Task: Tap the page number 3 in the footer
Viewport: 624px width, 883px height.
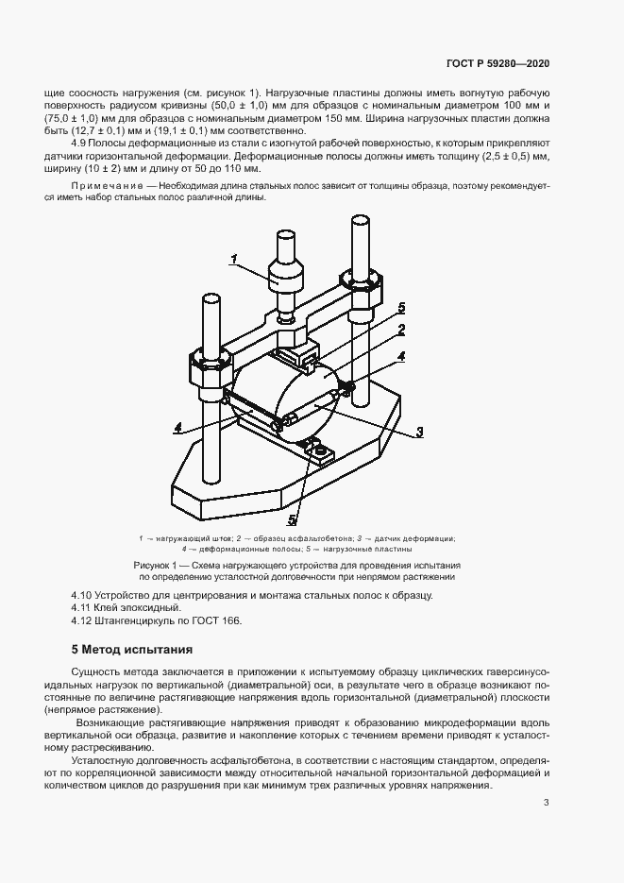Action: (x=546, y=803)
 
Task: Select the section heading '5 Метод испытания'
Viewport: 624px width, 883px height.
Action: (x=132, y=650)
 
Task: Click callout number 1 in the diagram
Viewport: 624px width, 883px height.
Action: (x=236, y=257)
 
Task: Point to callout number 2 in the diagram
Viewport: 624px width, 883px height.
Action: (x=401, y=330)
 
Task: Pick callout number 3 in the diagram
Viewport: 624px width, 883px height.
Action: (x=418, y=433)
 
